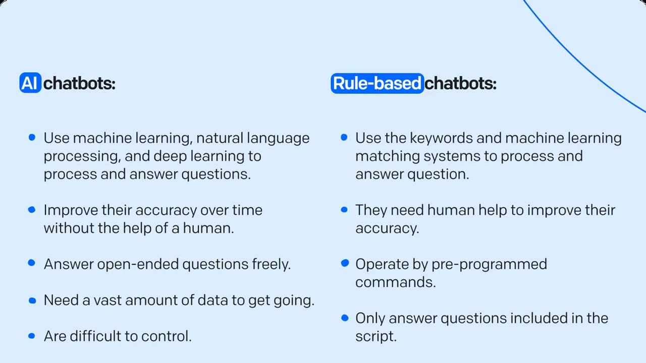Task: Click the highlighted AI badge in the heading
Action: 30,83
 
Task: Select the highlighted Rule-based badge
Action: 377,83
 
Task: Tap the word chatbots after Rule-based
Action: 460,83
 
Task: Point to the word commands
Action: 395,282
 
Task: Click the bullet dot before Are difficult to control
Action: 32,336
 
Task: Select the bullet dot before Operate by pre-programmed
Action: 345,263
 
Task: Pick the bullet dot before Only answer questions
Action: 345,318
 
